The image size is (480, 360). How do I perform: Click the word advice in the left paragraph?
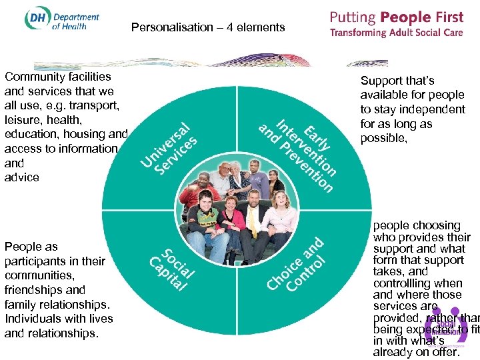point(22,177)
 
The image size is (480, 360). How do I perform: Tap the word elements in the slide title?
point(261,27)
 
